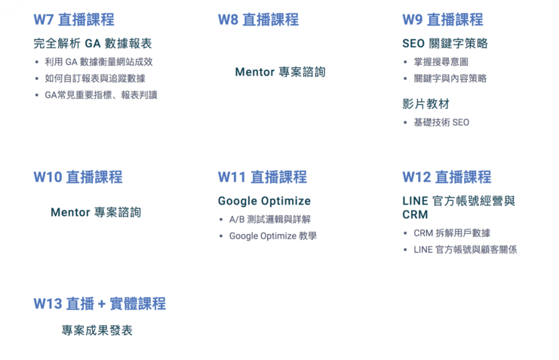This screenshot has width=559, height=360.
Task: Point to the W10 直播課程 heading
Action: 78,177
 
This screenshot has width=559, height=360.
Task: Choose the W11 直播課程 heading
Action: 263,177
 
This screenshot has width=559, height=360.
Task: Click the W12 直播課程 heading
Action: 447,177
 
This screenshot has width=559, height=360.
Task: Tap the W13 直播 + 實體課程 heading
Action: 100,304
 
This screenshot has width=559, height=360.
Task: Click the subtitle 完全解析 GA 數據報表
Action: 93,44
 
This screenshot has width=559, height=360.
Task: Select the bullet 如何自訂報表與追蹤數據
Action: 94,78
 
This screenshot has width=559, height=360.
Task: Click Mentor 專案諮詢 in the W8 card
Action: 280,72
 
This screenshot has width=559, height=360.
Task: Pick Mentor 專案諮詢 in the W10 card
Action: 96,212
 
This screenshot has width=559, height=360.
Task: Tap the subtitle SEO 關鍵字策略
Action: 445,44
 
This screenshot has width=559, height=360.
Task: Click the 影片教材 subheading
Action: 425,103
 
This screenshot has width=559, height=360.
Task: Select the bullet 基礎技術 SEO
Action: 441,122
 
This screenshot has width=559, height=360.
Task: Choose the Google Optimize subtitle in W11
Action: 264,201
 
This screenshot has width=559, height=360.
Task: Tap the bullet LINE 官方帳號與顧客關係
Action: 465,250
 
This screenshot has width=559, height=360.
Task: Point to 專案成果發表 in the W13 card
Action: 97,331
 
